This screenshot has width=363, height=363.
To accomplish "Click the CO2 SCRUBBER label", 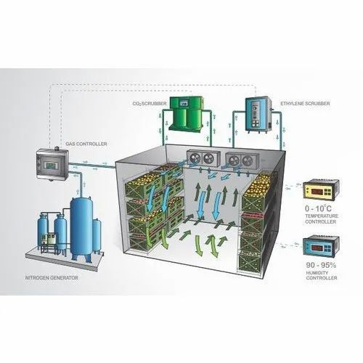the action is (150, 104).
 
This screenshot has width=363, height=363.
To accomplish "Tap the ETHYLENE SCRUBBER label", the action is (305, 103).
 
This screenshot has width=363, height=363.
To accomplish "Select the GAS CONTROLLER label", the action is (86, 144).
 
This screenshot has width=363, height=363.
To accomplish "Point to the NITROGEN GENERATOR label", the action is (52, 278).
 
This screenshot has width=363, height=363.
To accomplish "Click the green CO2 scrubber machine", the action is (186, 114).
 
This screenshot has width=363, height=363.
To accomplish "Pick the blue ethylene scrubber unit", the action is (258, 114).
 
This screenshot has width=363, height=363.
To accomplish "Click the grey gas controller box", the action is (52, 165).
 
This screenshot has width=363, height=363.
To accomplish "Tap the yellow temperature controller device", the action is (321, 189).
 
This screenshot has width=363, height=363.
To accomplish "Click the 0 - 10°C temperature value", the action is (318, 208).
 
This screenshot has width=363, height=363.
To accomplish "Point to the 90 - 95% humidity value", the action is (321, 265).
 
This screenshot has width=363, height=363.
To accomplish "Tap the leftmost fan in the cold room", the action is (195, 158).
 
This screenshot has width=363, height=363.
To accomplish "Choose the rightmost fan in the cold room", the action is (248, 160).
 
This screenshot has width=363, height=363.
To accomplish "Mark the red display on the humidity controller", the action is (317, 248).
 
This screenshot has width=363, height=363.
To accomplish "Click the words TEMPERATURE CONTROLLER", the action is (322, 219).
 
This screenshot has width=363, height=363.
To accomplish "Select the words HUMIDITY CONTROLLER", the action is (322, 275).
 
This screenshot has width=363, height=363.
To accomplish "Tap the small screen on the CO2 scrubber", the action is (184, 103).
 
